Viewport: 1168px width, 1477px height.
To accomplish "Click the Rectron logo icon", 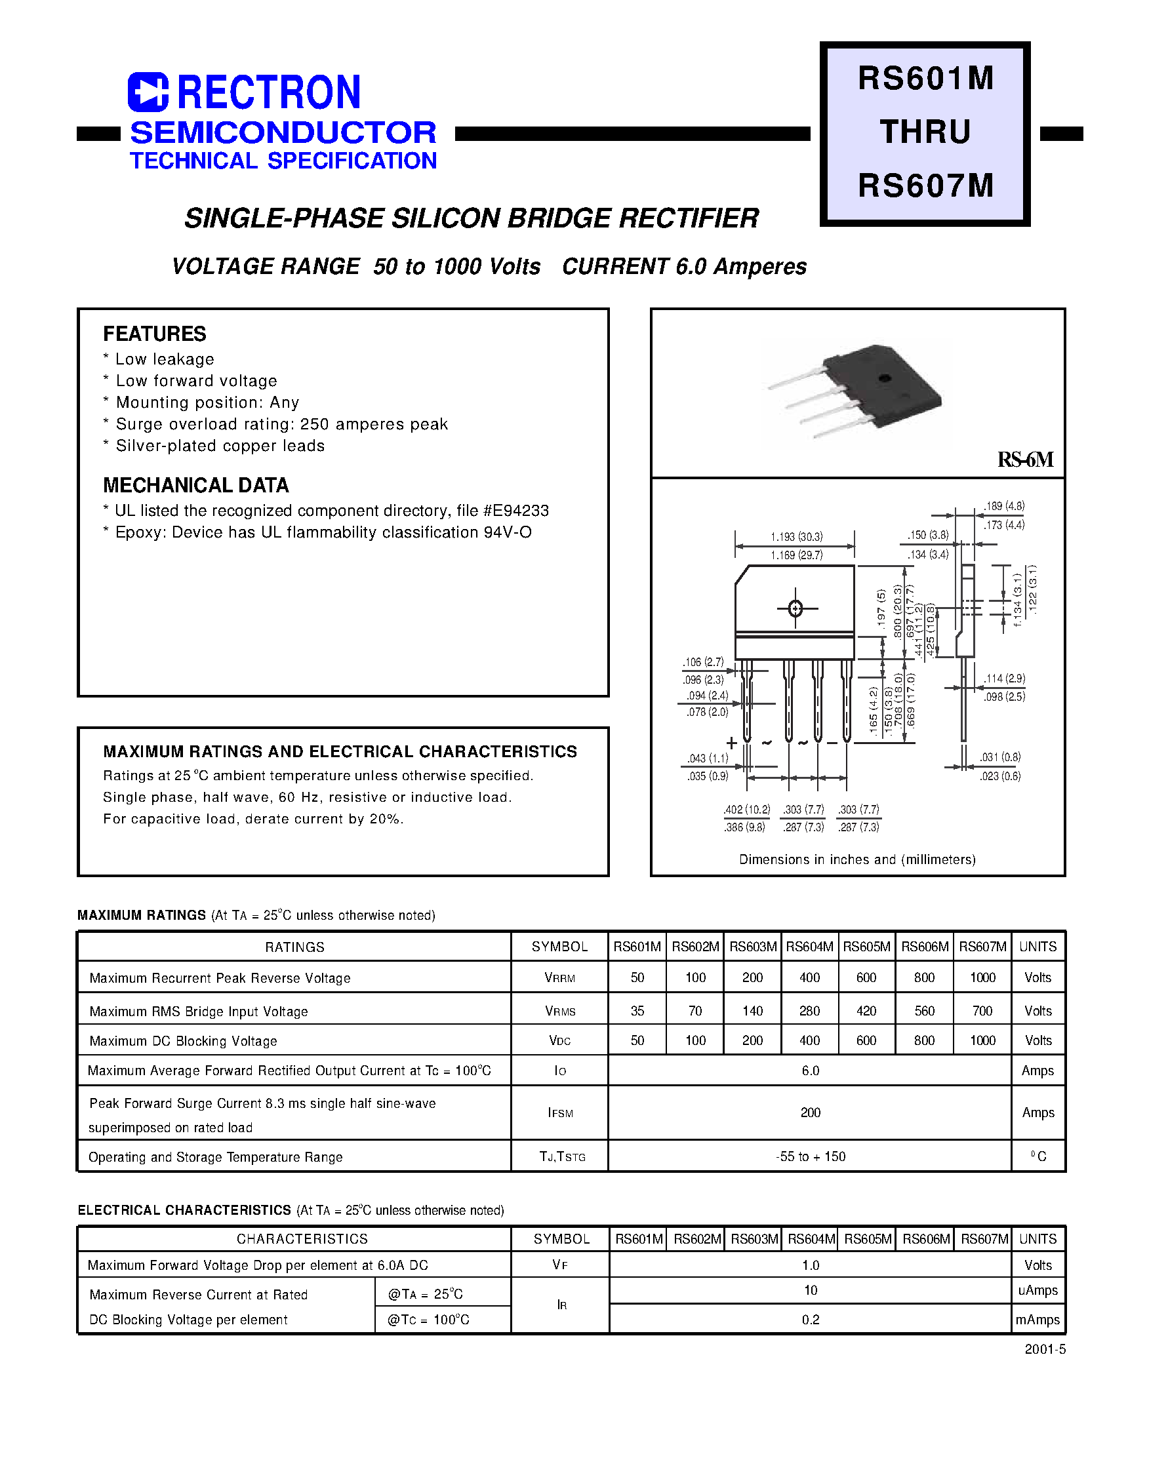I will [x=148, y=92].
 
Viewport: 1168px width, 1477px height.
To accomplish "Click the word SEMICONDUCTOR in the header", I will [x=283, y=132].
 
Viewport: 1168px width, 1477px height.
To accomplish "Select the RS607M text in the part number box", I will [x=926, y=186].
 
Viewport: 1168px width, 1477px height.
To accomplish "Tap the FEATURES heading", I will [x=155, y=334].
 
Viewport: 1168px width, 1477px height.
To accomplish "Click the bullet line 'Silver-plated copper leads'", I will [x=220, y=446].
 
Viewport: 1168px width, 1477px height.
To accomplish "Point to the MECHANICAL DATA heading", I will [x=195, y=485].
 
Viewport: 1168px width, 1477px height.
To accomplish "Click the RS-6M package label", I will [x=1025, y=460].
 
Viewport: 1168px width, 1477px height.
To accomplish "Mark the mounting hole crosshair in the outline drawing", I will [x=795, y=608].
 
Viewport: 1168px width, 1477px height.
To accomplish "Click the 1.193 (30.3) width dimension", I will [x=797, y=536].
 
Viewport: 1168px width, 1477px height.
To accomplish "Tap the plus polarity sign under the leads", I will [x=732, y=743].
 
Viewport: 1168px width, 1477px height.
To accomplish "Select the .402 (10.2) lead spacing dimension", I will [x=747, y=809].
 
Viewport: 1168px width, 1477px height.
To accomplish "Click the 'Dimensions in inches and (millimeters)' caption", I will [x=857, y=859].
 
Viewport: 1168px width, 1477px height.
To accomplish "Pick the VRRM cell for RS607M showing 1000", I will [x=982, y=977].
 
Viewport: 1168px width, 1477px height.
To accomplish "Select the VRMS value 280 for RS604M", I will [x=810, y=1011].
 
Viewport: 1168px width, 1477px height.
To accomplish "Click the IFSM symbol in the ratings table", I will [x=560, y=1113].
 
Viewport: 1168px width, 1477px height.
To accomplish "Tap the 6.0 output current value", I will [x=811, y=1071].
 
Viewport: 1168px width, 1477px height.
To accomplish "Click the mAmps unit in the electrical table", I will [x=1037, y=1320].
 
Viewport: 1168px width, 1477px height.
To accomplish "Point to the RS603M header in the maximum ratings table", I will [x=753, y=947].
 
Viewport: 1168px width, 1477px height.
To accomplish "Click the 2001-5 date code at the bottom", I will [x=1045, y=1349].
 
